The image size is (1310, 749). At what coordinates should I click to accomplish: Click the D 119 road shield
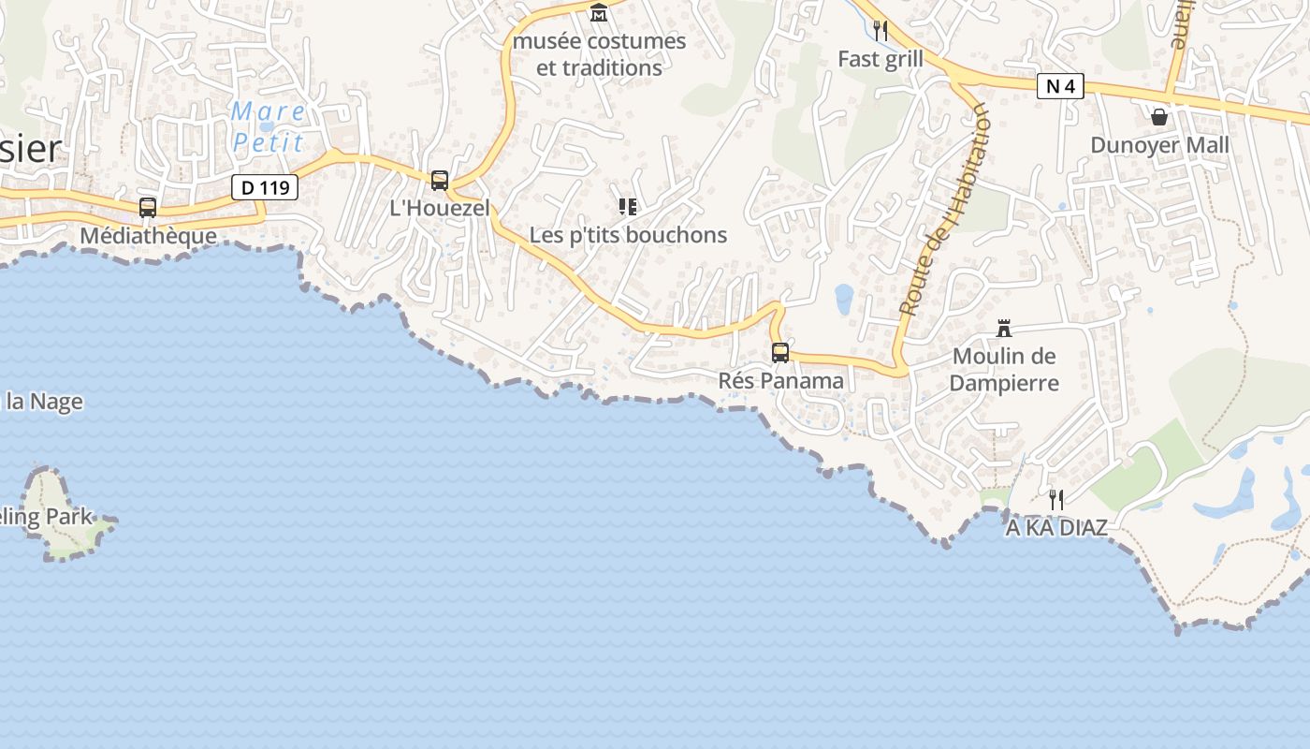pos(265,187)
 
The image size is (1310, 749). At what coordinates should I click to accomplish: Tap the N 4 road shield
pos(1060,87)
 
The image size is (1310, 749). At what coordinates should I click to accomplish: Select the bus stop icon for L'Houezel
pos(439,180)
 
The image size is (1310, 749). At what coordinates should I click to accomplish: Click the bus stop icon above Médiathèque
pos(148,207)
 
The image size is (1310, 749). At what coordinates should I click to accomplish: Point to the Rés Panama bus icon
pos(779,353)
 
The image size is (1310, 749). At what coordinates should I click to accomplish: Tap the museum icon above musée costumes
pos(599,13)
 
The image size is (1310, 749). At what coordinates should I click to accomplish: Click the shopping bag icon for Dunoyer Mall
pos(1159,117)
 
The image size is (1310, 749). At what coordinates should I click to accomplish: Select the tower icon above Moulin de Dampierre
pos(1004,328)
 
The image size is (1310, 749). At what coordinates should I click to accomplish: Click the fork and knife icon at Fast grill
pos(880,31)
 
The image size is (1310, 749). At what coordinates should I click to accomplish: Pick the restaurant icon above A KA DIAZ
pos(1056,500)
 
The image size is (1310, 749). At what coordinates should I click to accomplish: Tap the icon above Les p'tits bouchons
pos(628,207)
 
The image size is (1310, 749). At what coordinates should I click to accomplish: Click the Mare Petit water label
pos(268,127)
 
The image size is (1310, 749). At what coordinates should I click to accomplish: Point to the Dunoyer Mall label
pos(1159,145)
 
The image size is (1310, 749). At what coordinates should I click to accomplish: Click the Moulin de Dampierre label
pos(1004,369)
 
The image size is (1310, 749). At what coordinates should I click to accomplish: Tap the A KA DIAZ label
pos(1056,528)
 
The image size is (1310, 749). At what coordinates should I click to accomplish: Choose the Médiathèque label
pos(148,235)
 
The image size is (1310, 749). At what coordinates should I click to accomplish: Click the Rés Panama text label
pos(780,381)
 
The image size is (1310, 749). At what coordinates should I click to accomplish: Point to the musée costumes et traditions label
pos(599,54)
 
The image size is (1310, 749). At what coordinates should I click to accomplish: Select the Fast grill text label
pos(880,59)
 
